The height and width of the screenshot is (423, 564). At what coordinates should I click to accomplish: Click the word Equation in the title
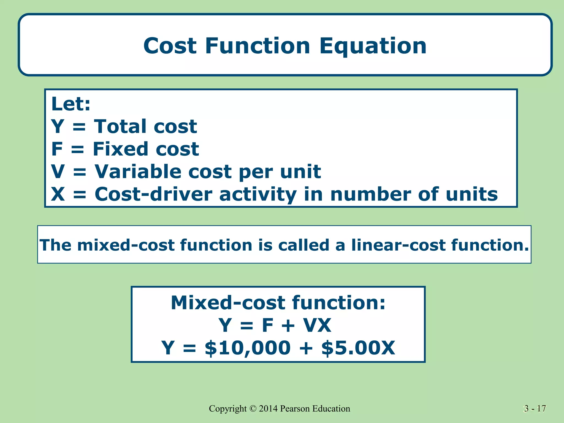[x=373, y=46]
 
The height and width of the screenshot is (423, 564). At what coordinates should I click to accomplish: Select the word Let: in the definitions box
[x=71, y=104]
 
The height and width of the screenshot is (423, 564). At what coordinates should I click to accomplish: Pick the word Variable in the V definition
[x=138, y=172]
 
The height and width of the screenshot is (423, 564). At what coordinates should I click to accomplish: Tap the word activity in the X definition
[x=258, y=194]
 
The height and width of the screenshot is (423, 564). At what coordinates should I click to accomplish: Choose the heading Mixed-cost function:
[x=278, y=303]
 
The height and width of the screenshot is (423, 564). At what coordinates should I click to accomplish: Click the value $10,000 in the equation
[x=248, y=348]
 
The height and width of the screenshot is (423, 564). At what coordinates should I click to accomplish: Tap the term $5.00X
[x=358, y=348]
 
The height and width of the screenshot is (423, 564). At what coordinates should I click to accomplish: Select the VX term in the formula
[x=317, y=326]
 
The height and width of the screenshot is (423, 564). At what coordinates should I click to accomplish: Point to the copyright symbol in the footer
[x=253, y=409]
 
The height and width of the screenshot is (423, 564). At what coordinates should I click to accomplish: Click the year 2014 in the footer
[x=268, y=409]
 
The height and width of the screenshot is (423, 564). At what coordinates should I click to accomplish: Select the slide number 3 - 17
[x=535, y=409]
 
